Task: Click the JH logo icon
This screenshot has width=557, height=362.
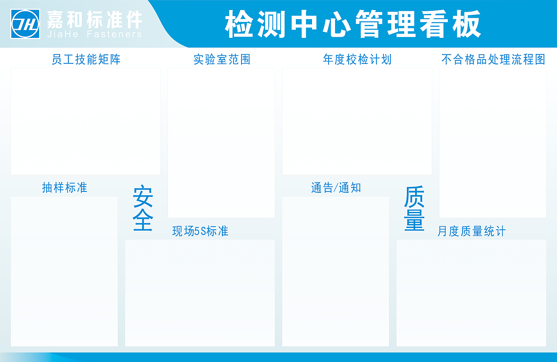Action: click(x=26, y=24)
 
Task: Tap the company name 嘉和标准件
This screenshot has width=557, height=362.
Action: click(x=94, y=19)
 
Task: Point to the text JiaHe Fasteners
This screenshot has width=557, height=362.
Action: click(x=94, y=34)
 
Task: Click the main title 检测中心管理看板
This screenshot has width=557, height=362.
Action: click(x=353, y=24)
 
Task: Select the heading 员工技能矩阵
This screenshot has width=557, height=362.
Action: click(x=86, y=59)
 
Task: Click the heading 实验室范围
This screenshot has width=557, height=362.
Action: click(x=222, y=59)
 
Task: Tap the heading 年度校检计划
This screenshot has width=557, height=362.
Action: click(x=357, y=59)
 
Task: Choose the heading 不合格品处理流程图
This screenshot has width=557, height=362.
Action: click(x=493, y=59)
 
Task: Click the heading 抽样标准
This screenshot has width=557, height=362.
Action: click(x=64, y=188)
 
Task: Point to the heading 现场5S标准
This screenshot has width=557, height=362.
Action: click(x=200, y=231)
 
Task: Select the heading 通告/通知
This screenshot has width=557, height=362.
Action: click(x=336, y=188)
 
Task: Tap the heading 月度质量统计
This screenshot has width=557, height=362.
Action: click(x=471, y=231)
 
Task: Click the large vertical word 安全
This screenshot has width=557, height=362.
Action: click(x=143, y=208)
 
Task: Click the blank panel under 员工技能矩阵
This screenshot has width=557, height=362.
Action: click(x=86, y=121)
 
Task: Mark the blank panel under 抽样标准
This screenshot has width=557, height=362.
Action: click(x=64, y=271)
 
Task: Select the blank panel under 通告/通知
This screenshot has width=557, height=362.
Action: click(x=336, y=271)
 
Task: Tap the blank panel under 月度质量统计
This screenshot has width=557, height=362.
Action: click(x=471, y=293)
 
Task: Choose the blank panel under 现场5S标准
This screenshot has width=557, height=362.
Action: click(x=200, y=293)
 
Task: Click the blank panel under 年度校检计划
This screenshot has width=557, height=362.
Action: click(x=357, y=121)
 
